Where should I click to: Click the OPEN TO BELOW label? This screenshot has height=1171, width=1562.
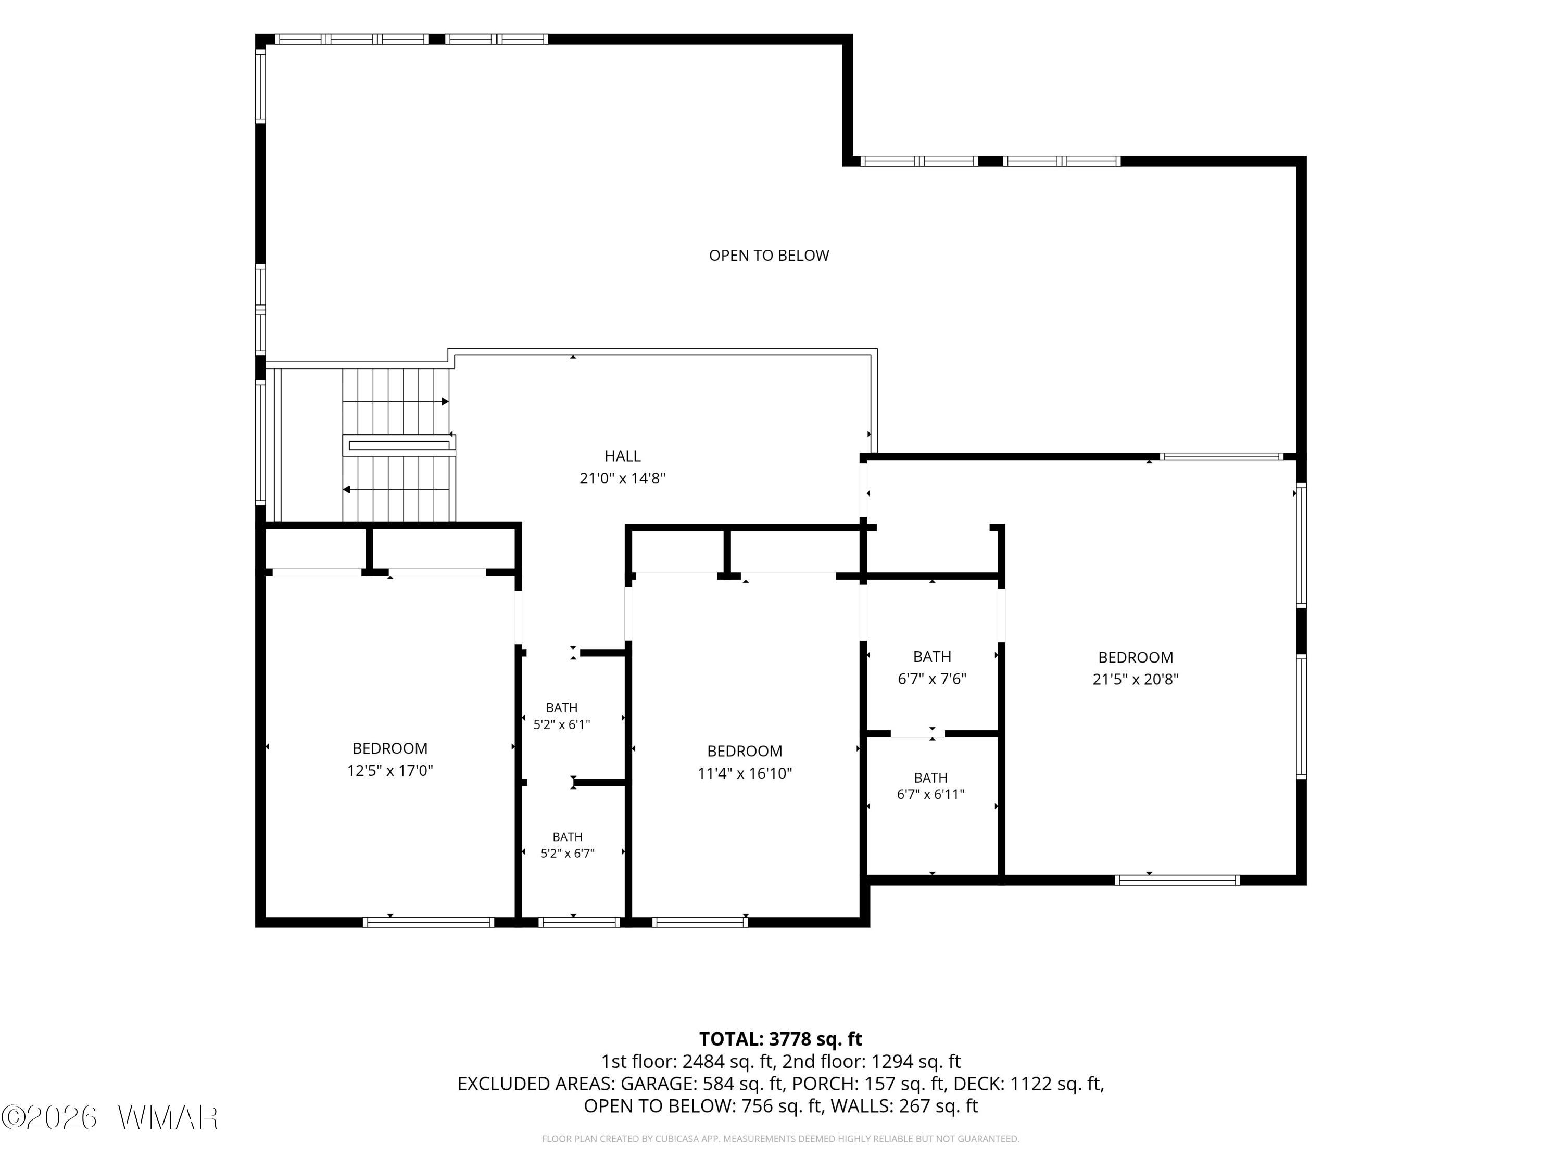pos(769,256)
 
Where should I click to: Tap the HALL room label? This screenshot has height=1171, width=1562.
pos(622,456)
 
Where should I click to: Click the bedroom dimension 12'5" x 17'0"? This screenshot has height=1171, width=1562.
pos(390,771)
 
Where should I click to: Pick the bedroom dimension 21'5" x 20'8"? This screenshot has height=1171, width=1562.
pos(1136,680)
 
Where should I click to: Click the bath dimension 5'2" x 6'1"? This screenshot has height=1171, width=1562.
pos(561,724)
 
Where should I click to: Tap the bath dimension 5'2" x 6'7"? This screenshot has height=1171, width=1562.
pos(567,854)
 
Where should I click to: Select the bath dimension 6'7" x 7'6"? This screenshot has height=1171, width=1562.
pos(931,679)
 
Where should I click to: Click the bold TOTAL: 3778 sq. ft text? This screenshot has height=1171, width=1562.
pos(780,1039)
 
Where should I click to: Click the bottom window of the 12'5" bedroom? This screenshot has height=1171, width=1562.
pos(428,922)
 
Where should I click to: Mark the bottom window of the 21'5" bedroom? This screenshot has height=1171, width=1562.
pos(1177,880)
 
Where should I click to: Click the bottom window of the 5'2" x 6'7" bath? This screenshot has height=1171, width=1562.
pos(579,922)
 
